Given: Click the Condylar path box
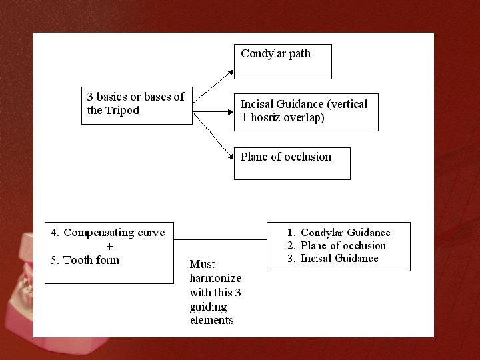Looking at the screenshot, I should coord(282,61).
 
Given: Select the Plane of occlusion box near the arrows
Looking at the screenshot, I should coord(291,163).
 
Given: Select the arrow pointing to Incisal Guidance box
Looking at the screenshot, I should coord(213,111).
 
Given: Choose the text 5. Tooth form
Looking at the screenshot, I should coord(85,260).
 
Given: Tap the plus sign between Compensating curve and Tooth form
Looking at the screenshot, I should coord(109,246).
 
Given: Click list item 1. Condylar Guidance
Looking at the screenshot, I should coord(339,233).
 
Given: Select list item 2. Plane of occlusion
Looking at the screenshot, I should coord(337,245).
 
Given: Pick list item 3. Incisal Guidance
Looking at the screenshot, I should coord(333,259).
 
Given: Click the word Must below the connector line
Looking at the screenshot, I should coord(202,264).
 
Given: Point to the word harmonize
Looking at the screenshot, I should coord(215,278).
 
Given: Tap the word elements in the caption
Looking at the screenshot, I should coord(211,320).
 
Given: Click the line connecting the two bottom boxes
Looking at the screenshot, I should coord(220,239).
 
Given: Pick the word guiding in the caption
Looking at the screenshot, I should coord(208,306).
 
